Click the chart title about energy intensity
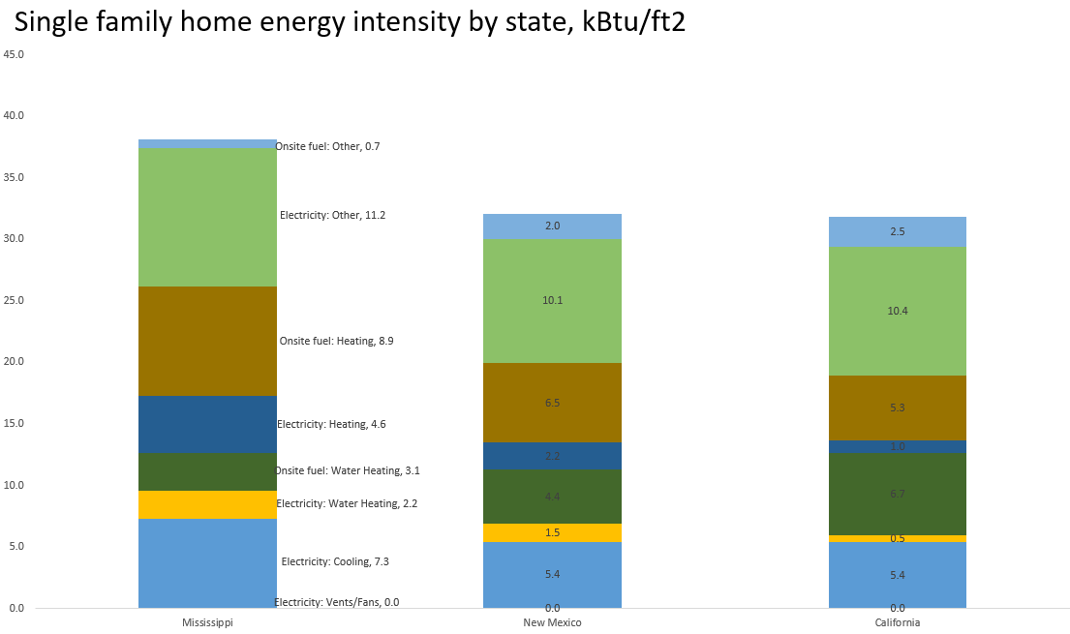click(350, 23)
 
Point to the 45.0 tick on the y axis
click(14, 54)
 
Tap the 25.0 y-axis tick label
click(14, 300)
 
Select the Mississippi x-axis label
click(207, 622)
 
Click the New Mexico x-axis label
click(552, 622)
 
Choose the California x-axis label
click(897, 622)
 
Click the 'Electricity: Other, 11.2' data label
click(332, 215)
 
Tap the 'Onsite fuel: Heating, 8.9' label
click(336, 341)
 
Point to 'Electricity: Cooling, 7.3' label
click(334, 561)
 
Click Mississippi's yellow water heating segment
click(207, 504)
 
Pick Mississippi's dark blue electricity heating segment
click(207, 424)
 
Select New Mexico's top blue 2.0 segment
click(552, 226)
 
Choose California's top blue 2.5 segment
click(897, 232)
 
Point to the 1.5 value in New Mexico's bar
click(552, 532)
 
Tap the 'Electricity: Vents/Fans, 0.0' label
click(336, 602)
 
